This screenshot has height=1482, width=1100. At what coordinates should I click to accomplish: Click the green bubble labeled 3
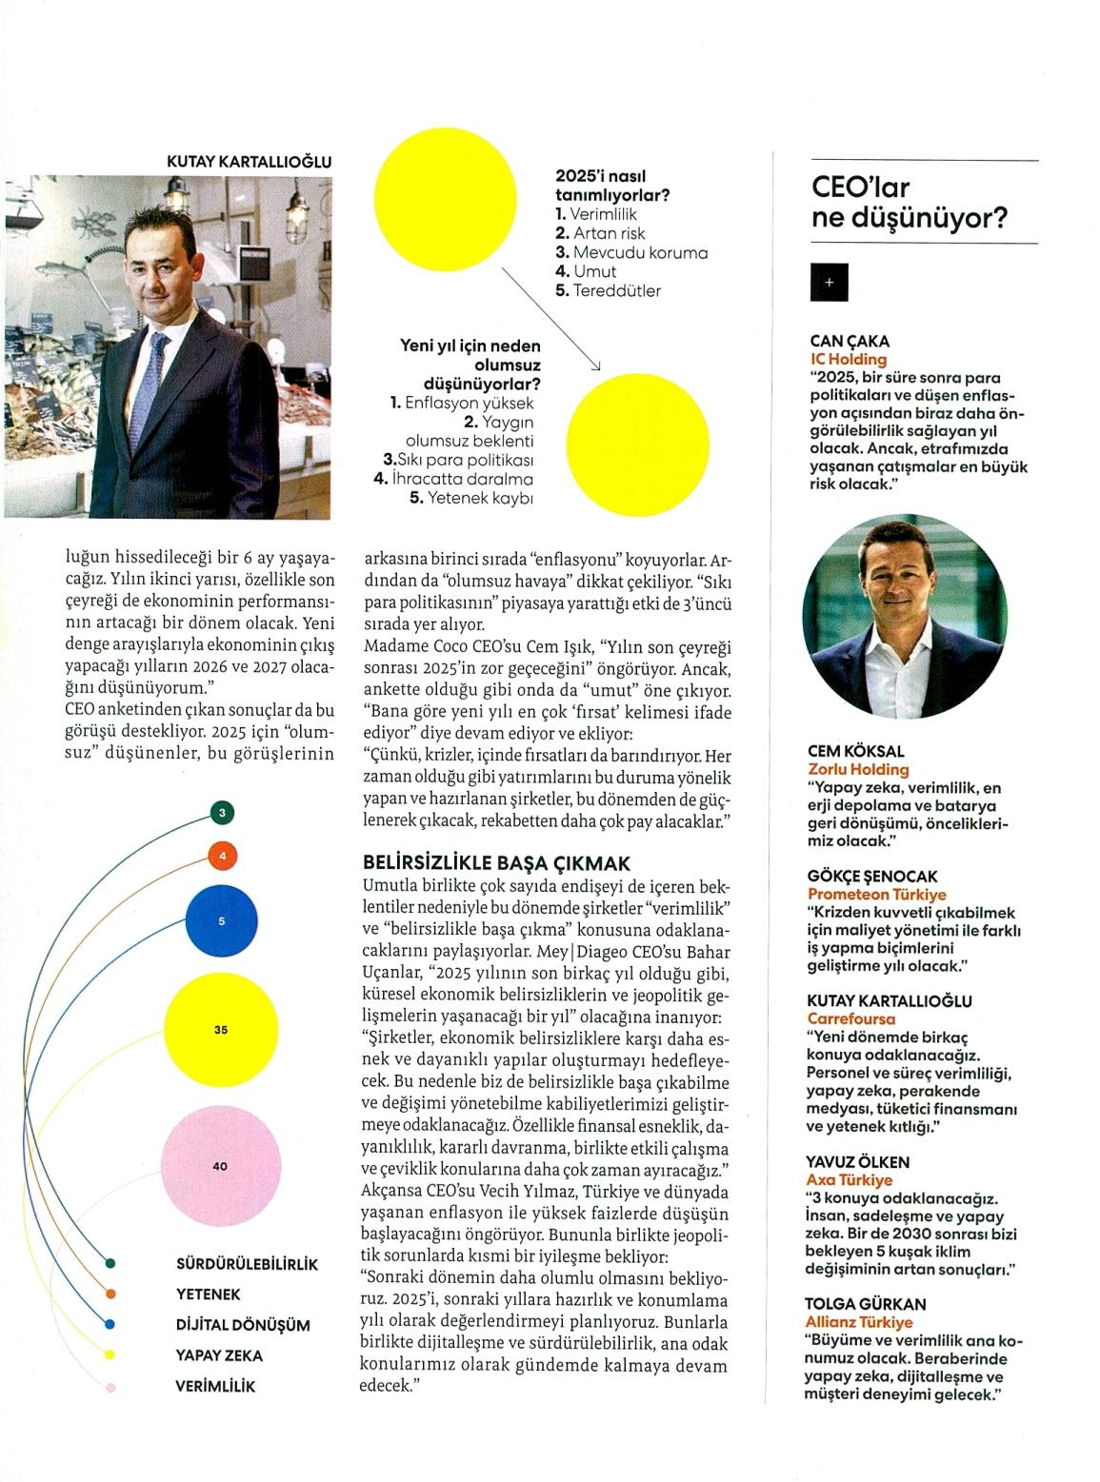pyautogui.click(x=222, y=813)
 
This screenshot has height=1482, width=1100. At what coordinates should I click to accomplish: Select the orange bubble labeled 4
pyautogui.click(x=222, y=857)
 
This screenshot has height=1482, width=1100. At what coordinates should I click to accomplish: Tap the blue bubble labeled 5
pyautogui.click(x=222, y=920)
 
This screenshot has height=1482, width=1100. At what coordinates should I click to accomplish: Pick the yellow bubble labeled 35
pyautogui.click(x=221, y=1030)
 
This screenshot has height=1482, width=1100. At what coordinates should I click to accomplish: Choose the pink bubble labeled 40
pyautogui.click(x=221, y=1166)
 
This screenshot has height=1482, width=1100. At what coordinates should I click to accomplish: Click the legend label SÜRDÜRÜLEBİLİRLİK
pyautogui.click(x=247, y=1264)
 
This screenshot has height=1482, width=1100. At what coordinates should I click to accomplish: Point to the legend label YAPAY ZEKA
pyautogui.click(x=219, y=1355)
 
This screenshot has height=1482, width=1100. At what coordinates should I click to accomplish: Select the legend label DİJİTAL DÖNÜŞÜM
pyautogui.click(x=243, y=1325)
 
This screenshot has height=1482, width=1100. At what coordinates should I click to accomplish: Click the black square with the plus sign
pyautogui.click(x=829, y=283)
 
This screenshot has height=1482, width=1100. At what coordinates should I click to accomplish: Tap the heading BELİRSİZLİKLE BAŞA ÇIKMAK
pyautogui.click(x=496, y=863)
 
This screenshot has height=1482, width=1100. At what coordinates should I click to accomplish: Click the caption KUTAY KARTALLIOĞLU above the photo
pyautogui.click(x=249, y=162)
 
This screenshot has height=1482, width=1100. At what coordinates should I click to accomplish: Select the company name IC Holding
pyautogui.click(x=848, y=359)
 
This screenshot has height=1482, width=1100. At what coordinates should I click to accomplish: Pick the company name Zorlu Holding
pyautogui.click(x=858, y=769)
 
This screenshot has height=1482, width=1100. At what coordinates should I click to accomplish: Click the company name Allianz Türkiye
pyautogui.click(x=859, y=1322)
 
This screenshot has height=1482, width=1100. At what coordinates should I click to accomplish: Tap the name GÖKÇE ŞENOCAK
pyautogui.click(x=872, y=876)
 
